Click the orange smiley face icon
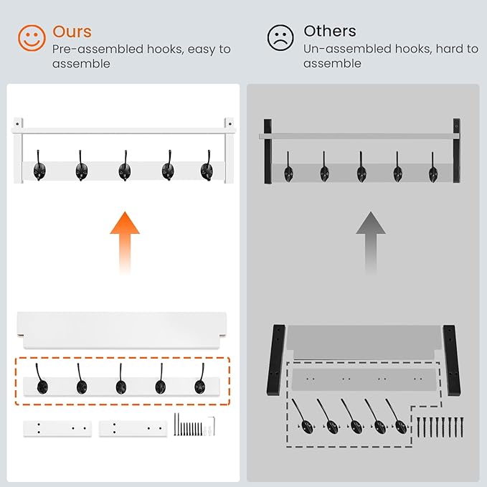[x=32, y=38]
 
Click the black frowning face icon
[x=280, y=37]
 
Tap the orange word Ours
[x=72, y=32]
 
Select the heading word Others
[x=330, y=31]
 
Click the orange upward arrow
[x=125, y=242]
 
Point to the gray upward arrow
[x=371, y=242]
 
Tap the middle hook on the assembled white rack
[x=125, y=166]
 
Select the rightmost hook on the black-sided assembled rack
[x=433, y=168]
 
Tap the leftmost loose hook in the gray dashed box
[x=302, y=417]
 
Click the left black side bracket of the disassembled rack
[x=276, y=360]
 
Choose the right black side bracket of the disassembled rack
[x=452, y=360]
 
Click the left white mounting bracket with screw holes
[x=57, y=429]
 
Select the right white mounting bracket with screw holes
[x=133, y=429]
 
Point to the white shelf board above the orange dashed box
[x=122, y=330]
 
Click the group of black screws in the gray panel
[x=440, y=427]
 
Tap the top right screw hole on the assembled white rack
[x=230, y=124]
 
